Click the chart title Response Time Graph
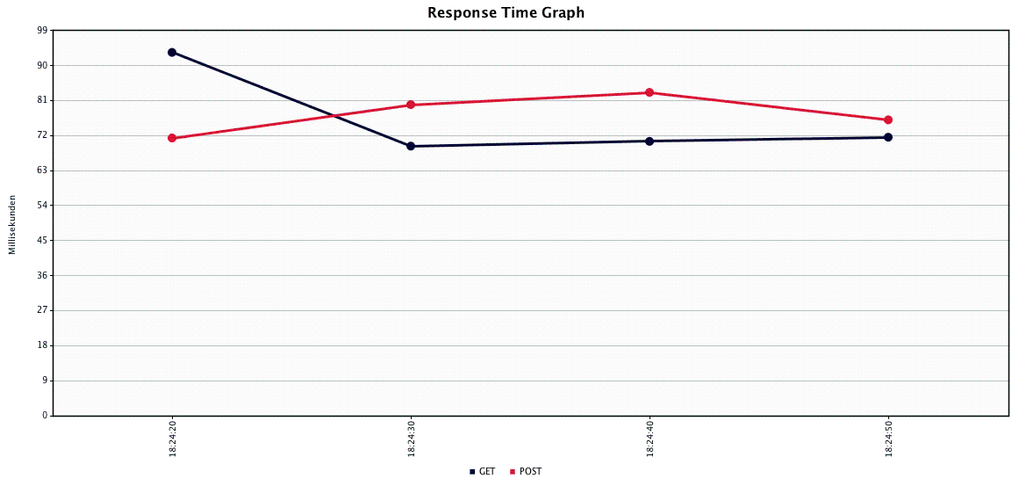pos(506,12)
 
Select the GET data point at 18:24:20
pos(172,53)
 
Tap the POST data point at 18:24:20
pos(172,138)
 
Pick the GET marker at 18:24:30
pos(411,146)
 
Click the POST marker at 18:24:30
pos(411,105)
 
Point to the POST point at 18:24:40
pos(650,92)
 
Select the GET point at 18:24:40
pos(650,141)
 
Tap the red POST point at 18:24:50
pos(888,120)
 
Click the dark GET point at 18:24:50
pos(888,137)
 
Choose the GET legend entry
pos(483,472)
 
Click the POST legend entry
pos(526,472)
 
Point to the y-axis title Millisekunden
pos(12,223)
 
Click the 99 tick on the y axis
pos(43,31)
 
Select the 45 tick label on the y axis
pos(43,241)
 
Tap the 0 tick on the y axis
pos(45,416)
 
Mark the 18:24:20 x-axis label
pos(172,439)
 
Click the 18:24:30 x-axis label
pos(411,439)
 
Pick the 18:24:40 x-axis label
pos(650,439)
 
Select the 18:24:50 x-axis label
pos(889,439)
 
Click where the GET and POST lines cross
pos(334,116)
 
